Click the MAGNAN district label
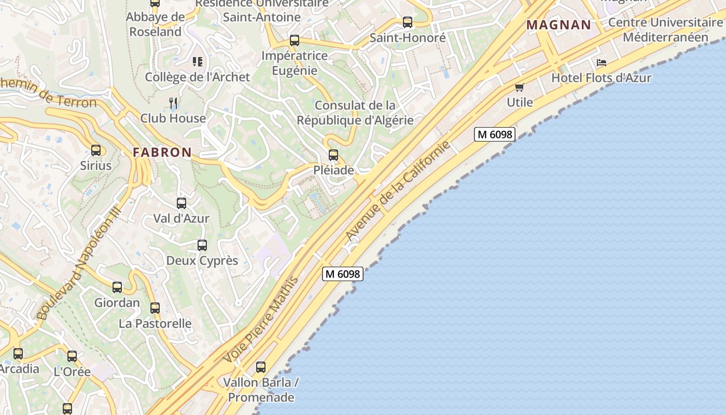tap(559, 24)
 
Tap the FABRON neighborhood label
tap(162, 152)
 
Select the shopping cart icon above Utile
tap(519, 87)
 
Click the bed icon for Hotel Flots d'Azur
tap(602, 63)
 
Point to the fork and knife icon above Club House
tap(173, 103)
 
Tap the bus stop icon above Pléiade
tap(333, 155)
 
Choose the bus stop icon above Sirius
tap(96, 150)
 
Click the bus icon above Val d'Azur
tap(181, 203)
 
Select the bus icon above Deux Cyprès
tap(202, 245)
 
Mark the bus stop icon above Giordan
tap(117, 287)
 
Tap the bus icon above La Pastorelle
tap(155, 308)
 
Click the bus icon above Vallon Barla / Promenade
tap(261, 367)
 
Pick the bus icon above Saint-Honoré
tap(408, 22)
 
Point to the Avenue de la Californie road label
tap(398, 191)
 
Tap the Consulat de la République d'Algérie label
tap(355, 113)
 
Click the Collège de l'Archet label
tap(197, 77)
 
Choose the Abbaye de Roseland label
tap(156, 24)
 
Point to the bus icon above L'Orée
tap(72, 356)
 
